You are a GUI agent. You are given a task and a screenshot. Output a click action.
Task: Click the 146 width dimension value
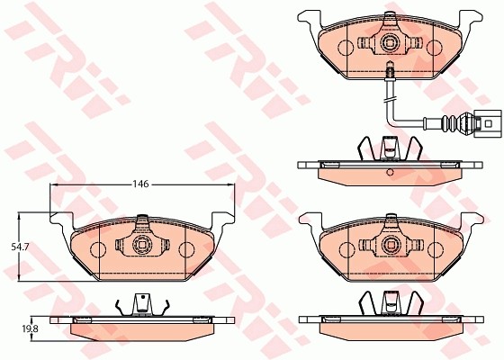click(x=139, y=184)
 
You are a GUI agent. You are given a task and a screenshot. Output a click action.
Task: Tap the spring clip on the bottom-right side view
click(x=390, y=303)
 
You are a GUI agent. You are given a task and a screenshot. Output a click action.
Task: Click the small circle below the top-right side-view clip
click(x=390, y=171)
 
